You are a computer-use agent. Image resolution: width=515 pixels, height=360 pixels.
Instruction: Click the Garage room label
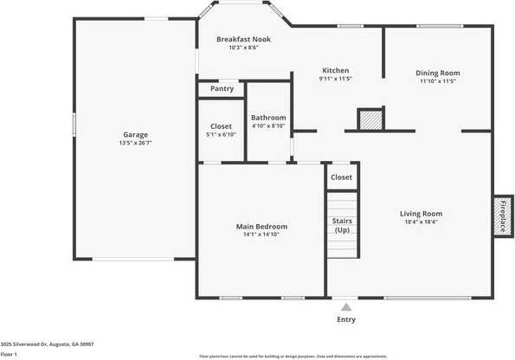(135, 134)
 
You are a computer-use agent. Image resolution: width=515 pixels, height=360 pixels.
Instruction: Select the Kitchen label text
(336, 70)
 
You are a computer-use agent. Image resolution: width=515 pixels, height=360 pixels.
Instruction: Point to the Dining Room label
(438, 74)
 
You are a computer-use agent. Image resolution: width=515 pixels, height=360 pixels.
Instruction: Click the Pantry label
(222, 88)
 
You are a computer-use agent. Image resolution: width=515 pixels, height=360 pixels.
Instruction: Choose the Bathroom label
(268, 118)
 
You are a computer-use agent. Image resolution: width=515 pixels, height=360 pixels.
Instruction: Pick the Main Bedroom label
(261, 227)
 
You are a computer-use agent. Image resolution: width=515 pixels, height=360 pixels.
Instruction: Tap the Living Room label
(421, 214)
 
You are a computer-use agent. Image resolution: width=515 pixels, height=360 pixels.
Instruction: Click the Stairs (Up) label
(342, 225)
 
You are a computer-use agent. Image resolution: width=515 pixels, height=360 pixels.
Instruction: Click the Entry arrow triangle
(346, 306)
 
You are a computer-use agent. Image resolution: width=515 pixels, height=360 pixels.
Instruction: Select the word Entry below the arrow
(346, 319)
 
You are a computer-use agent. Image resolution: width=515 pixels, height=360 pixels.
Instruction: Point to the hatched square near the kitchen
(370, 119)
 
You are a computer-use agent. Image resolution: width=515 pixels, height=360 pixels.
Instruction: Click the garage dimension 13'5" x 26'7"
(135, 144)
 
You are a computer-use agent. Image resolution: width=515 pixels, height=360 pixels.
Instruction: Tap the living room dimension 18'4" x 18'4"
(421, 222)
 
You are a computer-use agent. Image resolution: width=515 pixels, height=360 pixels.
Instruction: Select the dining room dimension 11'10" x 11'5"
(438, 82)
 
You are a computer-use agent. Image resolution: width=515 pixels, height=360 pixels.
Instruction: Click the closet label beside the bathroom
(222, 125)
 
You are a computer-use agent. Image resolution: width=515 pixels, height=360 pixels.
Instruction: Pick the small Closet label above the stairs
(342, 177)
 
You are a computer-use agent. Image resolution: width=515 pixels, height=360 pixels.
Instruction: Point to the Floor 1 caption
(10, 354)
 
